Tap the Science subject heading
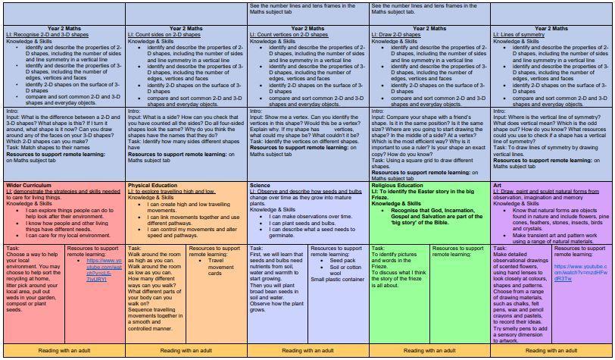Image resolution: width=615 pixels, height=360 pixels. pos(261,185)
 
